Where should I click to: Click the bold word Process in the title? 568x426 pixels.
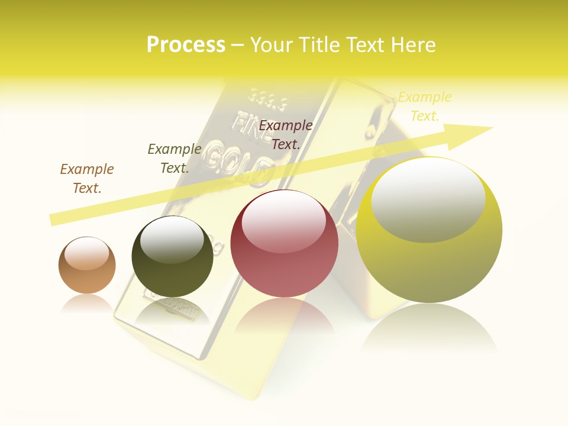186,45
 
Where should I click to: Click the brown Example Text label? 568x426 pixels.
87,179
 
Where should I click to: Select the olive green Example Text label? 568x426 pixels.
175,159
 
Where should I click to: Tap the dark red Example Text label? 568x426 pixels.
286,134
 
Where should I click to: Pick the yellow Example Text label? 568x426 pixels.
424,106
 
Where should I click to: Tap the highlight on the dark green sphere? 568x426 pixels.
172,240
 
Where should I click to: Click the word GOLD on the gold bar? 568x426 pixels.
237,157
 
